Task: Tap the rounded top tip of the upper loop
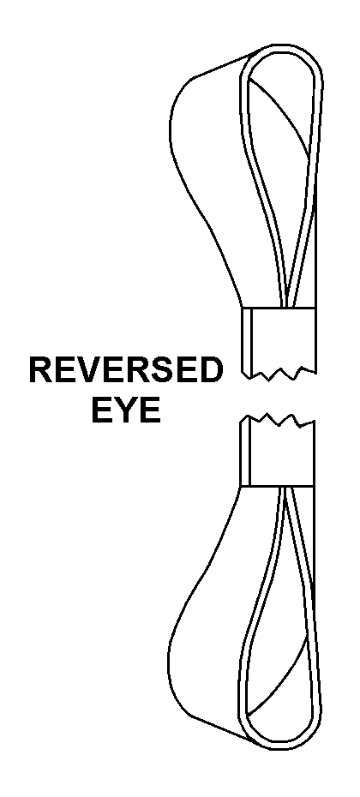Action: tap(285, 47)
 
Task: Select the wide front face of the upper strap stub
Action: tap(284, 338)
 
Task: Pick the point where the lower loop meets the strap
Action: tap(285, 487)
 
